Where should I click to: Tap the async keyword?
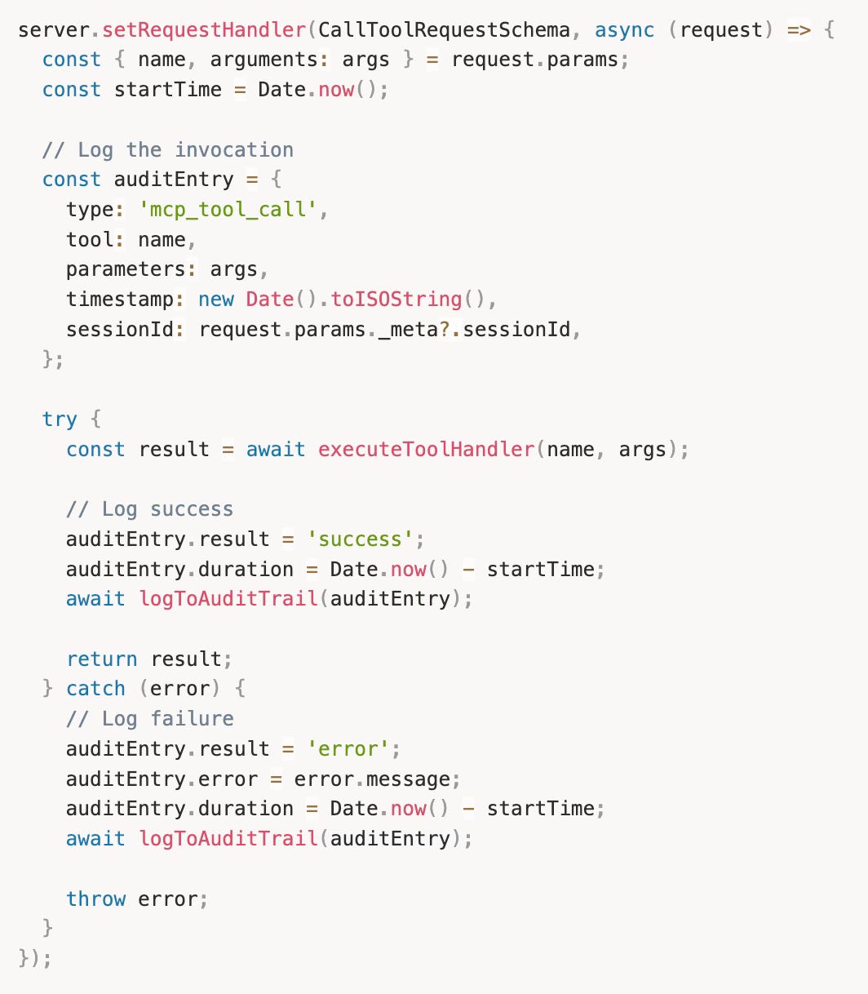(624, 30)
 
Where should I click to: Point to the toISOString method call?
(396, 300)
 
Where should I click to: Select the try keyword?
(60, 419)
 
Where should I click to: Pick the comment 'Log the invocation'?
(167, 150)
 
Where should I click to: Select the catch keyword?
(95, 689)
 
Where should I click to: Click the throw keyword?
(95, 899)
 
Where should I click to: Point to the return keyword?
(102, 659)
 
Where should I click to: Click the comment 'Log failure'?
(149, 719)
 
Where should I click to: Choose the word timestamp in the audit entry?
(120, 300)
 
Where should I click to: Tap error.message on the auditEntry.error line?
(371, 779)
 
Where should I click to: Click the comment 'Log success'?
(149, 509)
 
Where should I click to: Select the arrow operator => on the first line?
(798, 30)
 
